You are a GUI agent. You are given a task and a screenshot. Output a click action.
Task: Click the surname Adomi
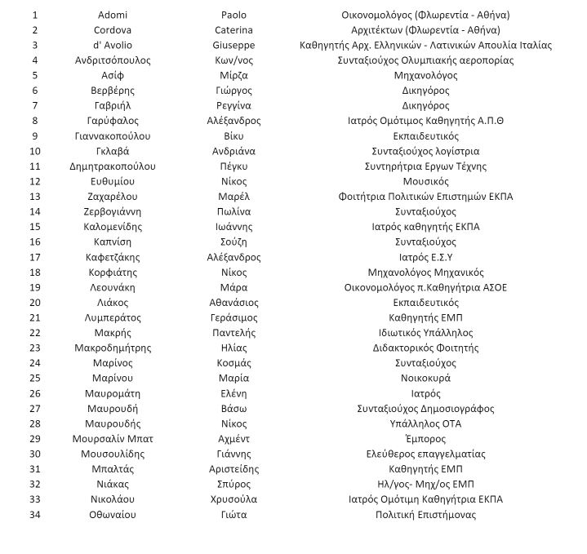click(x=113, y=15)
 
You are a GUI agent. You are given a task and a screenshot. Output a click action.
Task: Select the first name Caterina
click(x=233, y=30)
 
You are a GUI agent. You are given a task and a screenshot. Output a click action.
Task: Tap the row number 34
click(x=35, y=515)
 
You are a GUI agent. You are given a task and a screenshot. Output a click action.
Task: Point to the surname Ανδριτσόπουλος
click(x=113, y=60)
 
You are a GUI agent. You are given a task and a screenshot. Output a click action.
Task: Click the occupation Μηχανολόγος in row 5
click(x=425, y=75)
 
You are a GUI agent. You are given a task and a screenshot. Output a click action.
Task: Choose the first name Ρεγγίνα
click(x=233, y=105)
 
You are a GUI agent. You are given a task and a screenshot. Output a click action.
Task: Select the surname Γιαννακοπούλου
click(x=113, y=136)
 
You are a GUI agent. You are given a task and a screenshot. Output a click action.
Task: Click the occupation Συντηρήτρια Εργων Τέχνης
click(x=425, y=166)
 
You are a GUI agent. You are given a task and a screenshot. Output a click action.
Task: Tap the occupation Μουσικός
click(x=425, y=181)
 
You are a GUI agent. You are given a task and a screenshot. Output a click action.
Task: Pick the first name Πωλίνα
click(x=233, y=211)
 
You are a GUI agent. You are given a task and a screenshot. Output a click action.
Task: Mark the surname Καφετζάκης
click(x=113, y=257)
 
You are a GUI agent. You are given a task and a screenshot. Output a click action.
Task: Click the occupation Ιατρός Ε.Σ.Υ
click(x=425, y=257)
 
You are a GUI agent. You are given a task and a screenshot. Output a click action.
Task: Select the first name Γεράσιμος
click(x=233, y=317)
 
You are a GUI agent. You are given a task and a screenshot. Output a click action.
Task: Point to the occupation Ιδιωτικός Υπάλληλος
click(x=425, y=333)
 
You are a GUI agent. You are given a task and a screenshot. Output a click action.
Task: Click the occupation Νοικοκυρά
click(x=425, y=379)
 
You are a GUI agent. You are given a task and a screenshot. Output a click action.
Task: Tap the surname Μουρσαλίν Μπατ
click(x=113, y=439)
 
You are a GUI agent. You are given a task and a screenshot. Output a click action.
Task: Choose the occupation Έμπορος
click(x=425, y=439)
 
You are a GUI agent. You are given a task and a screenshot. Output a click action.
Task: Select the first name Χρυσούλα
click(x=233, y=499)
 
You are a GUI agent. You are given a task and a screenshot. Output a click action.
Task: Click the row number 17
click(x=35, y=257)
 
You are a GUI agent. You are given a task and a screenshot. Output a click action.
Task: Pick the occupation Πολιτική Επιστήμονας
click(x=425, y=515)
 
